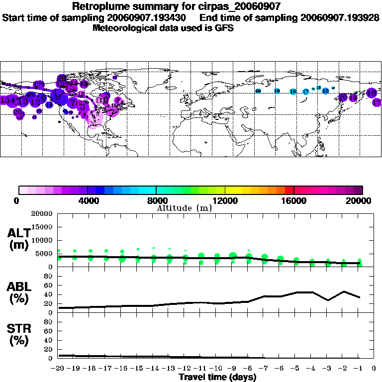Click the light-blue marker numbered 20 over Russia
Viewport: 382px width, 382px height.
[258, 91]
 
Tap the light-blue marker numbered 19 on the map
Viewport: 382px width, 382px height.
[277, 91]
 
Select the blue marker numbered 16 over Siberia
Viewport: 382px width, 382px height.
[293, 92]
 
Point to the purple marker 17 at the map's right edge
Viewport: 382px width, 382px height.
[377, 102]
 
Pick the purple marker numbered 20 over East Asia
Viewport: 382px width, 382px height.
[343, 97]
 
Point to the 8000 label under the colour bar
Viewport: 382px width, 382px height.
[156, 200]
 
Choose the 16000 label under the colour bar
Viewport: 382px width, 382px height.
[293, 200]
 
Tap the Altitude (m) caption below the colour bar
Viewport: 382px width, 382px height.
[184, 208]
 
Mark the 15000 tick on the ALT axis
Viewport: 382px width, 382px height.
[42, 227]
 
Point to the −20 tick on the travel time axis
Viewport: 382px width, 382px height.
[58, 369]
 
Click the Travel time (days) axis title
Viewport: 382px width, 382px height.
[217, 378]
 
